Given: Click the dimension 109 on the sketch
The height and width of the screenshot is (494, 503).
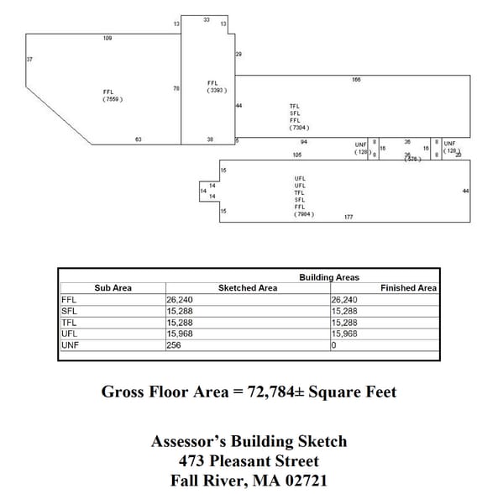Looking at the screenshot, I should click(x=107, y=38).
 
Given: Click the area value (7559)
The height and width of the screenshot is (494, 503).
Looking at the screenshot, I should click(x=113, y=99).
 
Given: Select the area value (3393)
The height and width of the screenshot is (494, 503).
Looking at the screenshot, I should click(x=216, y=90).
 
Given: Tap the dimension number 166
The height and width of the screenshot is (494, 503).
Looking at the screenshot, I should click(x=356, y=79).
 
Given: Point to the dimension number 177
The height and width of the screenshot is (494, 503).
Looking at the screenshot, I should click(x=348, y=217).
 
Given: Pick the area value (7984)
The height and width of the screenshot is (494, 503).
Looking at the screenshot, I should click(x=304, y=214).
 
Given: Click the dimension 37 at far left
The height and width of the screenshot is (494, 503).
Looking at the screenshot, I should click(x=30, y=60).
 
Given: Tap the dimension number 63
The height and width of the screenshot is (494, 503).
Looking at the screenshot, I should click(x=139, y=139).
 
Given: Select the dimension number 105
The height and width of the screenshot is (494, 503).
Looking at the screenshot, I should click(x=297, y=155).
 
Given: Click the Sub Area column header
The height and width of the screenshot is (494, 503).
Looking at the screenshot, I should click(x=113, y=288).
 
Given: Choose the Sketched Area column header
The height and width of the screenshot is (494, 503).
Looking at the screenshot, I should click(x=248, y=288).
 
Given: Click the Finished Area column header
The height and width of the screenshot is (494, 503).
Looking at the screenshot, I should click(x=408, y=288).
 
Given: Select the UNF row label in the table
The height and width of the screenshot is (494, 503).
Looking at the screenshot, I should click(x=70, y=344).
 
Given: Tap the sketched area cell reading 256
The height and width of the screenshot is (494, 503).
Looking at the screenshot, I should click(x=175, y=344).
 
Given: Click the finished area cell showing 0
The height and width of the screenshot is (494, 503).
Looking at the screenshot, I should click(x=334, y=344).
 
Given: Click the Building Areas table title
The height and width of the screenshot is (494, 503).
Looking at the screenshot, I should click(x=329, y=277).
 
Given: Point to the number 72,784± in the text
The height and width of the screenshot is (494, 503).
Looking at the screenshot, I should click(x=273, y=392).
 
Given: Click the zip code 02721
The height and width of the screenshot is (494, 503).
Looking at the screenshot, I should click(x=303, y=481).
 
